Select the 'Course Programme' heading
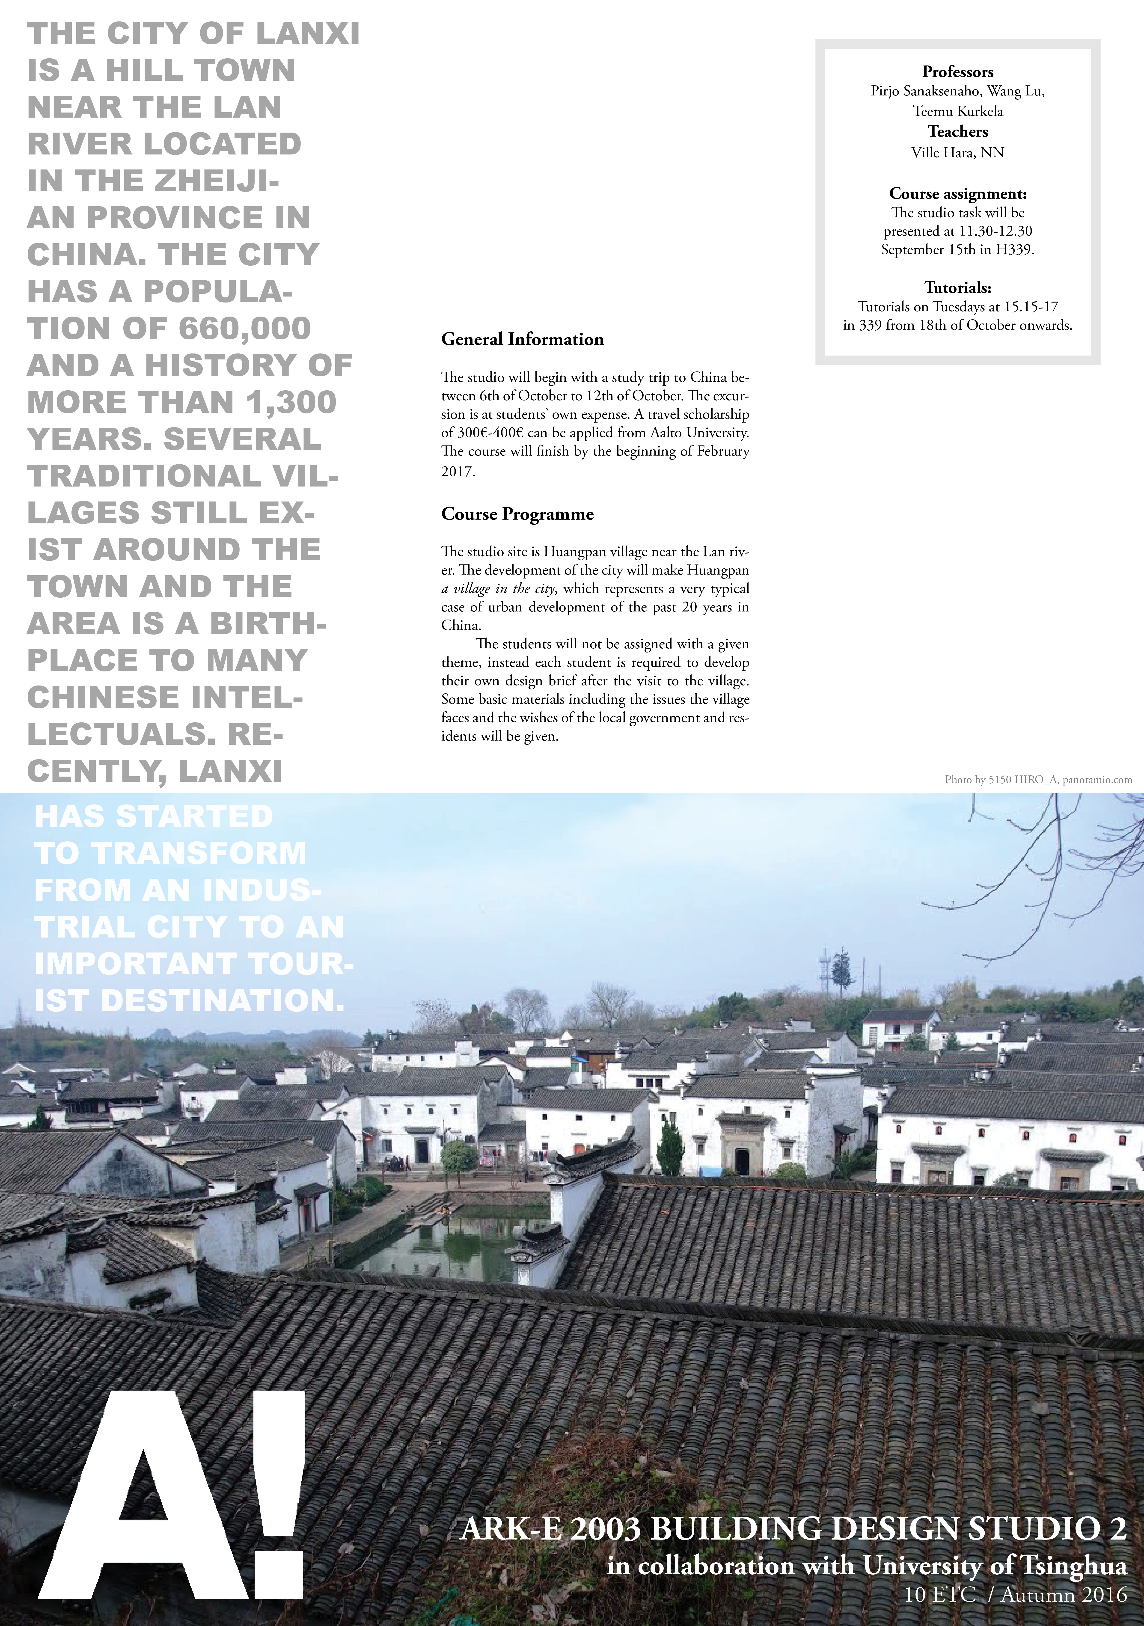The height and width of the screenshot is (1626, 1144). tap(517, 514)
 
